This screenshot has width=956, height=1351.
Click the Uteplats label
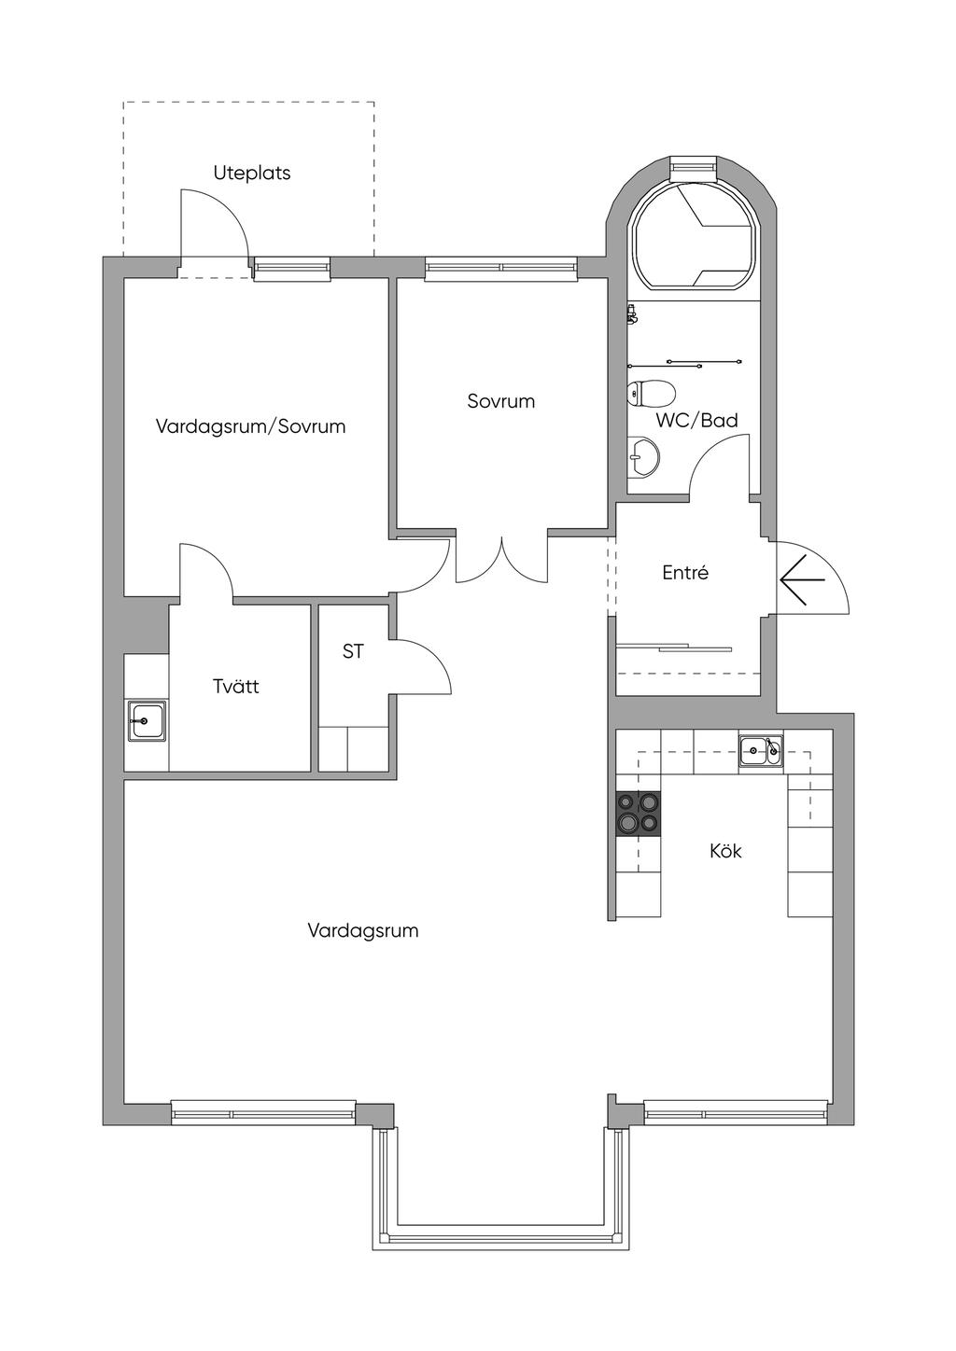[x=252, y=174]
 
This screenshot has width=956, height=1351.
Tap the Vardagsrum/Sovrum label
[x=250, y=426]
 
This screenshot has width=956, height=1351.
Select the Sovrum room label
[x=501, y=401]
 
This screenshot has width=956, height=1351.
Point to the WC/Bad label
[x=697, y=420]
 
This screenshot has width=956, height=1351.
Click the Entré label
[x=685, y=572]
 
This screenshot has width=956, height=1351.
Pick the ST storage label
[x=353, y=651]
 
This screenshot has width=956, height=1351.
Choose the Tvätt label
[x=236, y=686]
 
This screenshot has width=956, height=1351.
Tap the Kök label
[x=725, y=851]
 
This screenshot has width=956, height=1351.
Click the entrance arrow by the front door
[x=802, y=579]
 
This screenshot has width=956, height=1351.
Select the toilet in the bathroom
[x=651, y=394]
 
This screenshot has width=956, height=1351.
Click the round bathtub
[x=694, y=234]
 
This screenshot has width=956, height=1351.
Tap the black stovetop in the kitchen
[x=638, y=813]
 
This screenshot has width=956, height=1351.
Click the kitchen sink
[x=761, y=751]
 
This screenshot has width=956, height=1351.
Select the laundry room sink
[x=146, y=720]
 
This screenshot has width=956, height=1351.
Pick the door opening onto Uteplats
[x=214, y=232]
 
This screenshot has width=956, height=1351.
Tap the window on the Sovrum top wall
[x=501, y=268]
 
